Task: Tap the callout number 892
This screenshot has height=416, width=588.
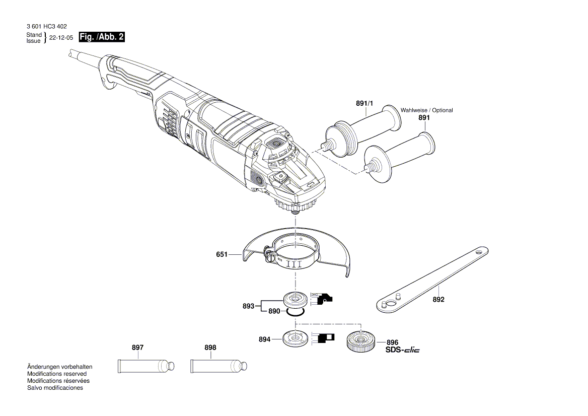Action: coord(438,299)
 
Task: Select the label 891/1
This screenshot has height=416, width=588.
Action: coord(364,103)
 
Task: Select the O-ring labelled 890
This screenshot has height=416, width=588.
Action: coord(294,312)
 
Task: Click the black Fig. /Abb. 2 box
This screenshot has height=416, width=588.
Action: coord(102,37)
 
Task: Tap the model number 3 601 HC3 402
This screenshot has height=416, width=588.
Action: coord(46,26)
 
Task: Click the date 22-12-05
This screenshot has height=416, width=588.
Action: coord(61,38)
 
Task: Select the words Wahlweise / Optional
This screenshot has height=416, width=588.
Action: coord(426,110)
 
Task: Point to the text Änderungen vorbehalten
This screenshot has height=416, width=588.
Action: coord(59,367)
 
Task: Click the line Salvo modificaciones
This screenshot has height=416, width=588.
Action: coord(55,388)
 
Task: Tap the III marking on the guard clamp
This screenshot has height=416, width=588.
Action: coord(295,263)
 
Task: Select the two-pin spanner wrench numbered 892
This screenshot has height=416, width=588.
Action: coord(433,277)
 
